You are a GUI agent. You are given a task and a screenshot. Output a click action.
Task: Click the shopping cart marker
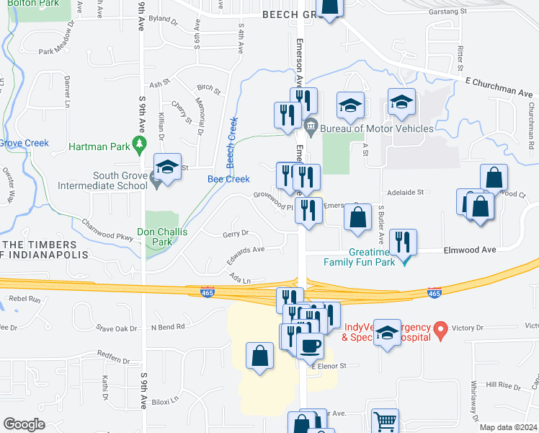(x=386, y=421)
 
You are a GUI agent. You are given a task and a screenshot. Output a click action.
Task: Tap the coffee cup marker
(x=310, y=345)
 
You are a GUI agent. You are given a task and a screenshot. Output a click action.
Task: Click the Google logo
(x=24, y=424)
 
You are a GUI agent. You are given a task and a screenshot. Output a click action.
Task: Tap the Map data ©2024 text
(x=508, y=427)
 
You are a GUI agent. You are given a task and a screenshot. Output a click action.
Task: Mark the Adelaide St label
(x=406, y=193)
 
